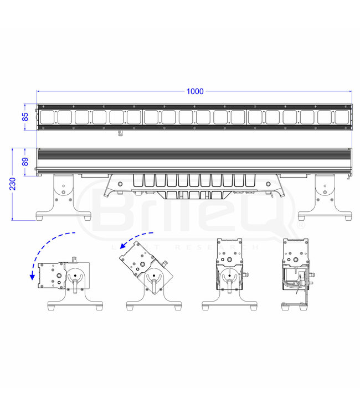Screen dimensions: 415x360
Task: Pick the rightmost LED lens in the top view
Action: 341,117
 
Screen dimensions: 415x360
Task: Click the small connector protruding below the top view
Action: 120,133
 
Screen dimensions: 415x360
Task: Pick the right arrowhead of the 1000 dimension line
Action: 350,91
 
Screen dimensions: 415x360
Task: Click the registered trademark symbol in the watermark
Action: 301,226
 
